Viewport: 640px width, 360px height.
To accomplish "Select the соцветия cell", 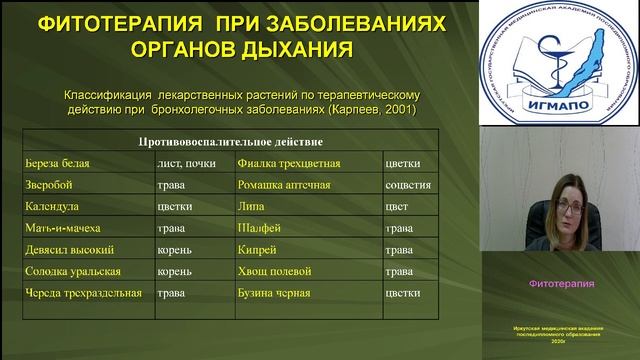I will click(x=408, y=185).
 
